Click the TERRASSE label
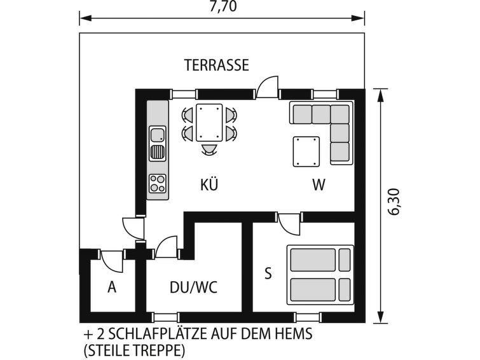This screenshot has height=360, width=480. (216, 65)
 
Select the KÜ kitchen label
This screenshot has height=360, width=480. (209, 185)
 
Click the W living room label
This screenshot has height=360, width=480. (319, 185)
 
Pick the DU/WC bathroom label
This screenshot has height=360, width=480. (193, 287)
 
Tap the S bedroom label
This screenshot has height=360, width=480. (268, 273)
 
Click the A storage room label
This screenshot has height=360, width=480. (112, 287)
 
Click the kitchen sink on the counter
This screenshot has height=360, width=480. (157, 144)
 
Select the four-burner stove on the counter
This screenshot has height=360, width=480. (157, 183)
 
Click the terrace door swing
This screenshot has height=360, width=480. (268, 87)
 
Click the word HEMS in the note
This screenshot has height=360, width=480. (296, 335)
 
